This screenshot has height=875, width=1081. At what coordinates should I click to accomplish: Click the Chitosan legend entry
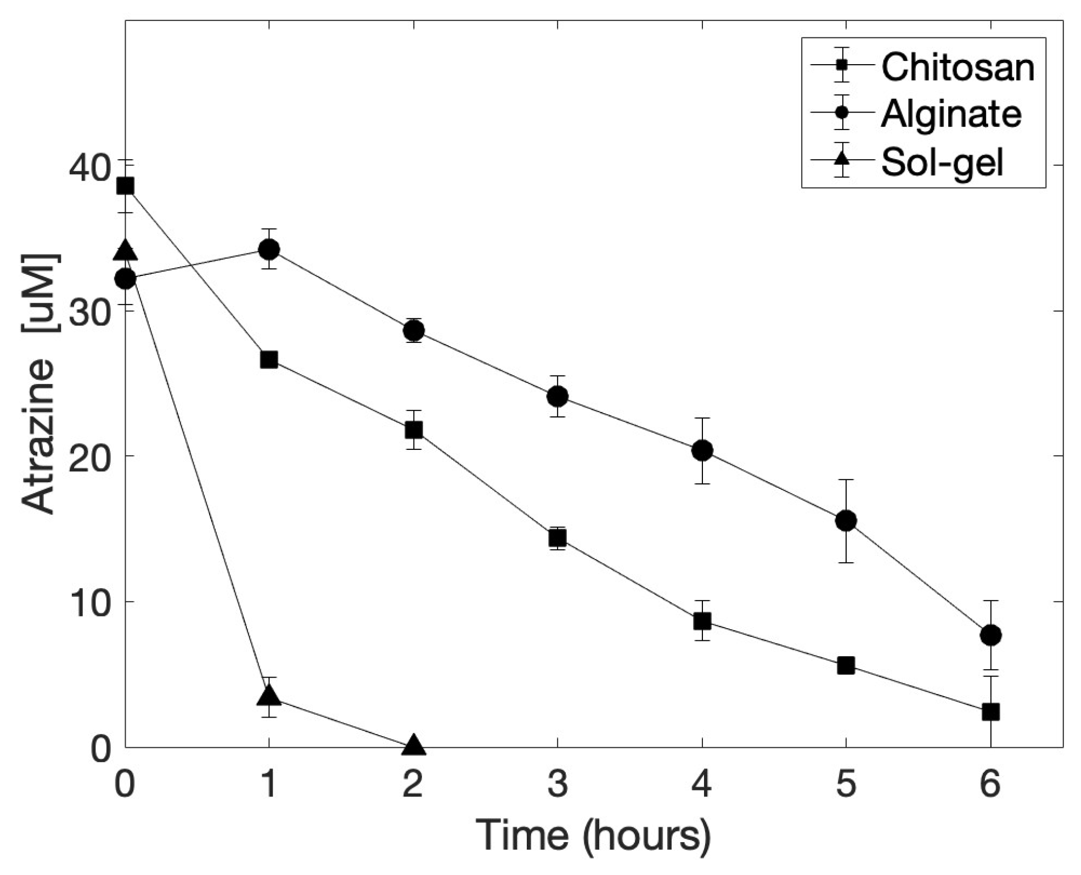click(957, 66)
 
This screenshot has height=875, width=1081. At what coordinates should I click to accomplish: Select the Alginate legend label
click(951, 114)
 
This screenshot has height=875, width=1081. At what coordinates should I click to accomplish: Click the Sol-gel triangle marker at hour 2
click(413, 746)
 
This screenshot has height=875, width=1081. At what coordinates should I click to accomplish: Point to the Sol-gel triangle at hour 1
click(268, 696)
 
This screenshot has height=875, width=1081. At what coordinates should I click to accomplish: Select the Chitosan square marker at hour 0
click(125, 186)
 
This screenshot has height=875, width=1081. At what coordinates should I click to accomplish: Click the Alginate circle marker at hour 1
click(268, 250)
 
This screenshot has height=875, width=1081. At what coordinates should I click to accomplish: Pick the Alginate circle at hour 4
click(702, 450)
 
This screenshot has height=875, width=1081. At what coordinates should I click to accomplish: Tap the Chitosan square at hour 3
click(558, 538)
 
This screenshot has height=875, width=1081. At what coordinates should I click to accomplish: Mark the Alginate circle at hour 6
click(990, 635)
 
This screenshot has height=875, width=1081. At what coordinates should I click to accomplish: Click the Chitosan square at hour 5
click(846, 666)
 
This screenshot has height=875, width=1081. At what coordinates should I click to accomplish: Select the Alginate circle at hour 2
click(413, 330)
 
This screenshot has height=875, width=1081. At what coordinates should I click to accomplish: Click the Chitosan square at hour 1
click(268, 360)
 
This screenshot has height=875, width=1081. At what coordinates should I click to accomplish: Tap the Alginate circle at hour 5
click(846, 521)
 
